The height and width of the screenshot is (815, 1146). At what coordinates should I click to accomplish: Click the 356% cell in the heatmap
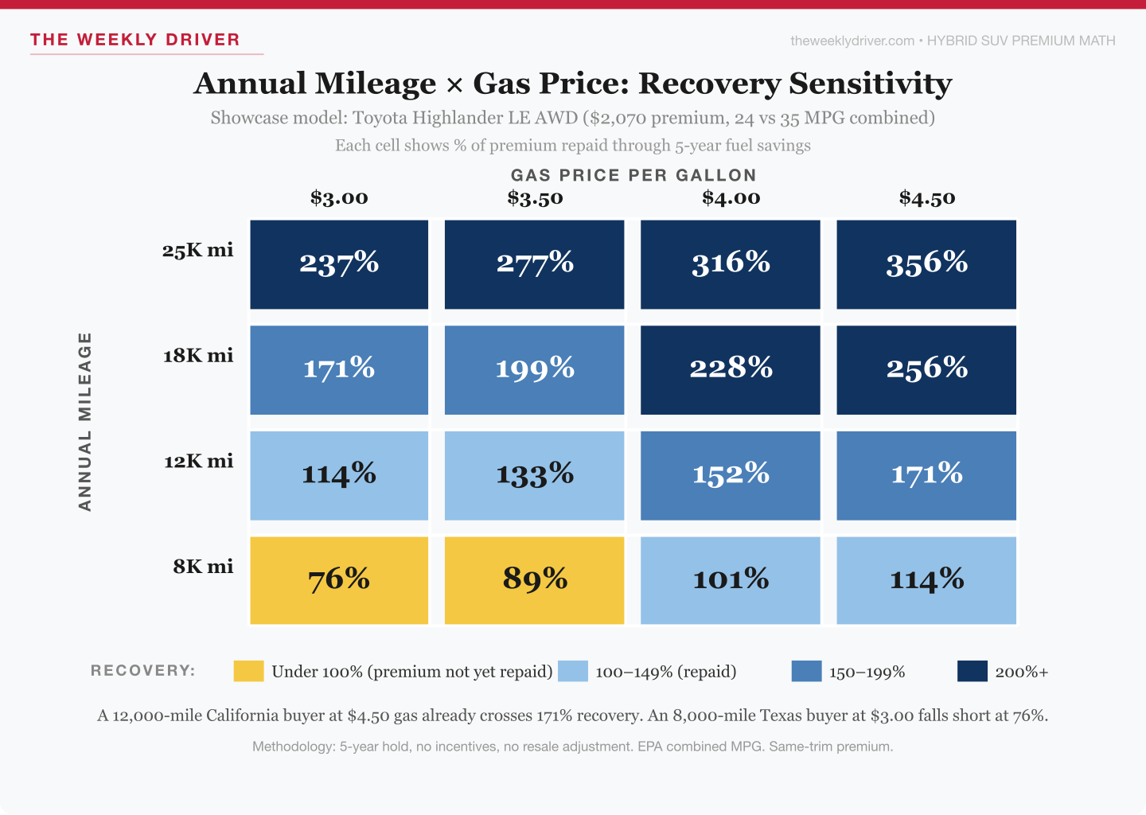(926, 264)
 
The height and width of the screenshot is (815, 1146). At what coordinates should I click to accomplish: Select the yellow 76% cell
(339, 580)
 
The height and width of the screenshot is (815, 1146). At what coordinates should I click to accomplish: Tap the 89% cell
(534, 580)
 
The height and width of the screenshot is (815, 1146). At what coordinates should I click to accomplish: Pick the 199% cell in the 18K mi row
(534, 369)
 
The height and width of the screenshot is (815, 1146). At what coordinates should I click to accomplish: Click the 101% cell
(730, 580)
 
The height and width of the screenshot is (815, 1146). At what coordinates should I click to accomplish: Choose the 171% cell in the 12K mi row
(926, 475)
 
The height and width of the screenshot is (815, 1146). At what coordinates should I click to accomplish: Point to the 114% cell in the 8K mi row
(926, 580)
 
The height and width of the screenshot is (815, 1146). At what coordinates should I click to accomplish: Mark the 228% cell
(730, 369)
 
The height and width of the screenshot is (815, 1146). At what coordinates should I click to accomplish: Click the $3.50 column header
(535, 198)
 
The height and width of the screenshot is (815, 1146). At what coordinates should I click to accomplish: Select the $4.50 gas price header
(927, 198)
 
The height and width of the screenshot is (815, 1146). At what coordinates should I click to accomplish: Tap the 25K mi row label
(198, 251)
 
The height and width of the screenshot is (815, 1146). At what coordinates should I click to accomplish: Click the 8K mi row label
(204, 567)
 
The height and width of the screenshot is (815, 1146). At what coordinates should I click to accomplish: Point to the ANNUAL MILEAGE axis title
(85, 422)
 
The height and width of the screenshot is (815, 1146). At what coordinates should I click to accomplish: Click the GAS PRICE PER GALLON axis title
(633, 175)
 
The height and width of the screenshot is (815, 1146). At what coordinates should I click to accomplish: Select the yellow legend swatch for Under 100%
(248, 671)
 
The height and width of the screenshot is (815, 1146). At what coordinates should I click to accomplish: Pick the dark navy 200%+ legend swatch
(972, 671)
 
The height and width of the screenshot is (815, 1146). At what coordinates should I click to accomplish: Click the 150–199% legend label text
(867, 672)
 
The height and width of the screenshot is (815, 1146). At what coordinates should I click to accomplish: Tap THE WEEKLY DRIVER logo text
(135, 40)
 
